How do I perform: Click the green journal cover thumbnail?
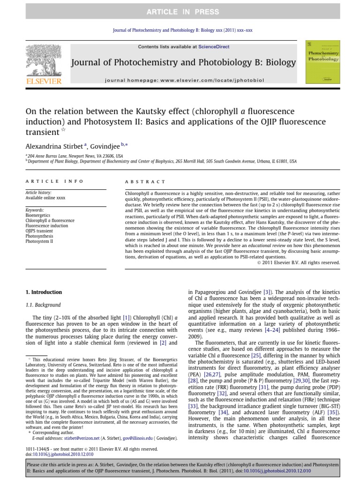click(322, 62)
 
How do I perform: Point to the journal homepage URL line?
click(184, 80)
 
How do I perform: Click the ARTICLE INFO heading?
click(54, 181)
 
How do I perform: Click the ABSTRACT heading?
click(145, 181)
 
